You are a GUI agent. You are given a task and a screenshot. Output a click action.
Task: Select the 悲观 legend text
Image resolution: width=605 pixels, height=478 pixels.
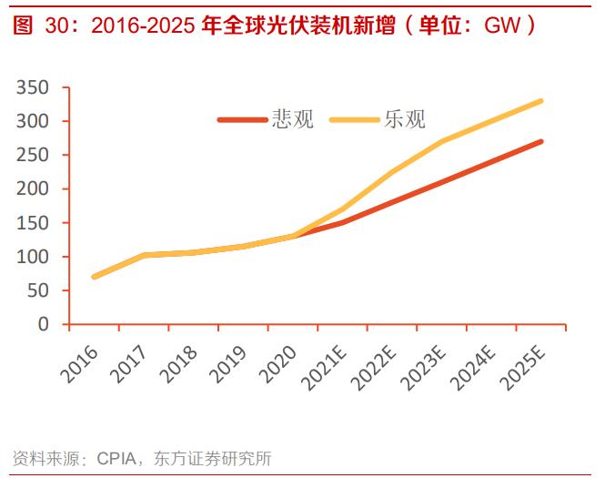point(293,119)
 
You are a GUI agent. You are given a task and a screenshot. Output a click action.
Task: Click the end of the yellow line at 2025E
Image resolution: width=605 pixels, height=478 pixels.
point(541,101)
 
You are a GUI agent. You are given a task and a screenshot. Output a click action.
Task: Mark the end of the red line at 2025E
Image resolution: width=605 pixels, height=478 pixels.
point(541,141)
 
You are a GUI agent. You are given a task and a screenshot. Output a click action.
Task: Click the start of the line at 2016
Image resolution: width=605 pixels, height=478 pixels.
point(95,277)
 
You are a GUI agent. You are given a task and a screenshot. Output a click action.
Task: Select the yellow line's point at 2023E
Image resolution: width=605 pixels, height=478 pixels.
point(442,141)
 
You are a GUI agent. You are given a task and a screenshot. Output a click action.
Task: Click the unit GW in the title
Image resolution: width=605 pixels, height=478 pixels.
point(502,25)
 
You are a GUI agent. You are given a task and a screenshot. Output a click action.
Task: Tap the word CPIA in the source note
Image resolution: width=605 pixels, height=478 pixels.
point(116,458)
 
